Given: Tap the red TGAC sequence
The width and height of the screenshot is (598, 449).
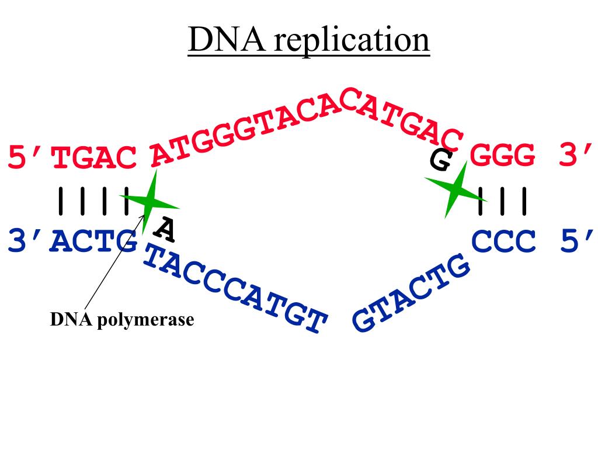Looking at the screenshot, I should point(95,158).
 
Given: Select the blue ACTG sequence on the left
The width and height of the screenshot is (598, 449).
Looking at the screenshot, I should point(95,241).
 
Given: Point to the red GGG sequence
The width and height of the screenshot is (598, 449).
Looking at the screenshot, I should point(503,156).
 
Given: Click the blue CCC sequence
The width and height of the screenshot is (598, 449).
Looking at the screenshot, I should point(503,241).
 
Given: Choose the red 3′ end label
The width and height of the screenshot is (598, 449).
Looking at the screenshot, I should point(575,156).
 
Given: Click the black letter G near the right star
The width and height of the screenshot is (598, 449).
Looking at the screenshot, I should point(440,160).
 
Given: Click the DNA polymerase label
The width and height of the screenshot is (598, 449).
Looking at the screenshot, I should point(121,320).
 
